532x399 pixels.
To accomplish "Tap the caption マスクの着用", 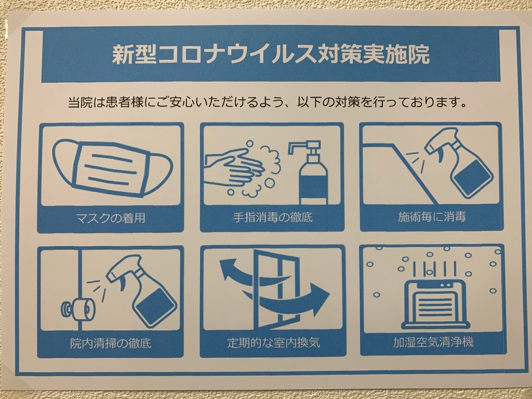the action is point(111,218).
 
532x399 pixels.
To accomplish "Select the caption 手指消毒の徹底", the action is point(272,217).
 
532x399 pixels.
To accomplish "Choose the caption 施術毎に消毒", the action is point(432,216).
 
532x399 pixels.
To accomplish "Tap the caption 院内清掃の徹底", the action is point(111,343).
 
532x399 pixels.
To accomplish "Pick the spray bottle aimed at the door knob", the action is point(142,289).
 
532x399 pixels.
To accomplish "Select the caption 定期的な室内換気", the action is point(273,342).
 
